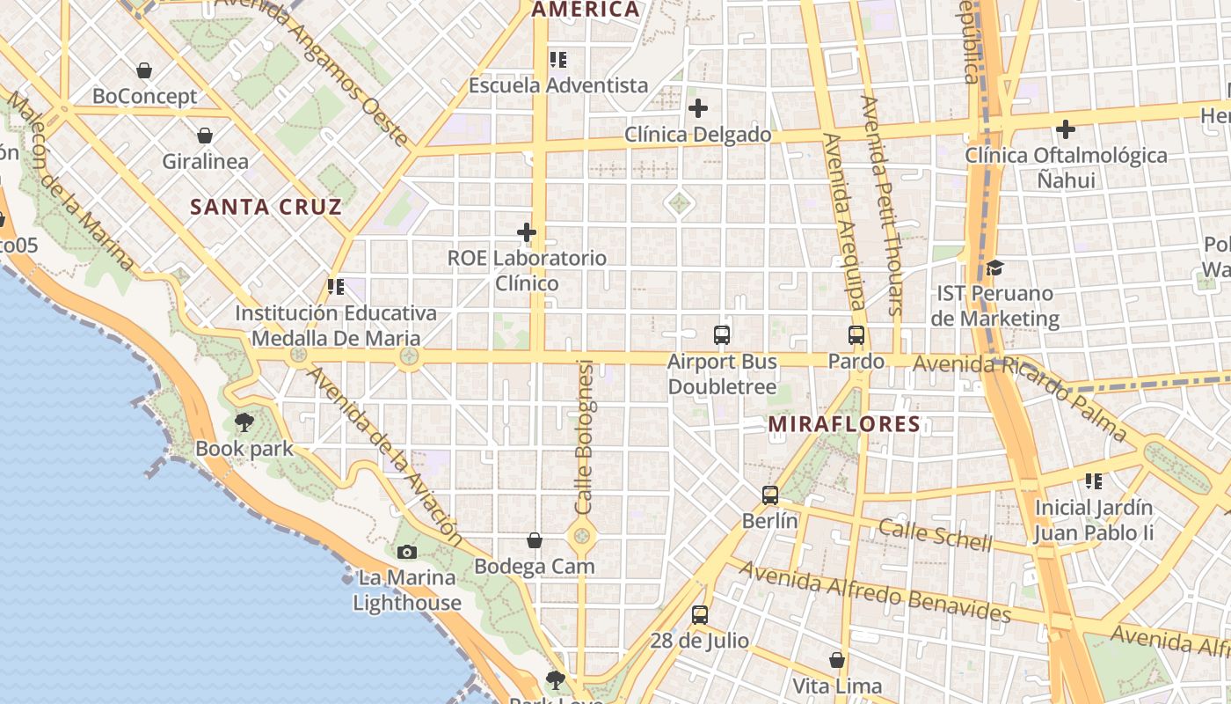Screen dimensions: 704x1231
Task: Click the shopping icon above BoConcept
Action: tap(144, 70)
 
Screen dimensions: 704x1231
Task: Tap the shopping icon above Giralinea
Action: tap(205, 136)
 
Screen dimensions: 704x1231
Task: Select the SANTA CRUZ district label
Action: tap(266, 208)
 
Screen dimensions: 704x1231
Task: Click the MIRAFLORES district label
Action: tap(844, 424)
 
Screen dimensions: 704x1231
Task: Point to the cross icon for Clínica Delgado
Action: tap(698, 108)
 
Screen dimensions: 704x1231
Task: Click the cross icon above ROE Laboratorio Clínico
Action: tap(527, 232)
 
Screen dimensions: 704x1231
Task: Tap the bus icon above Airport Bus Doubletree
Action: tap(722, 334)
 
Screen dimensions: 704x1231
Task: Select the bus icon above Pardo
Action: tap(856, 334)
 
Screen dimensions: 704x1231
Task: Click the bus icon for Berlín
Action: tap(770, 495)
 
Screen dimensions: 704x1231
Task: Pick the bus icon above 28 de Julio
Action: tap(700, 614)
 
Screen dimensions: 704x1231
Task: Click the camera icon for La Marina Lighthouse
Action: tap(406, 552)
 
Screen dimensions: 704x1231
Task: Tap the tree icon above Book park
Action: tap(244, 422)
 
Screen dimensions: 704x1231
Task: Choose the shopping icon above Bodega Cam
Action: tap(535, 539)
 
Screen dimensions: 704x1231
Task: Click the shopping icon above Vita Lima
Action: tap(837, 659)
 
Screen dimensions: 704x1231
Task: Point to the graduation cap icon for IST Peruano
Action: tap(994, 267)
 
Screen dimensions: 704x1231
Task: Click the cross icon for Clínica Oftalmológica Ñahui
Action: tap(1066, 129)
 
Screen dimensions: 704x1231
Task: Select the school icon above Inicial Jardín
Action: tap(1094, 480)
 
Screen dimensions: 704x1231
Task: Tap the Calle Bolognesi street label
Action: tap(585, 437)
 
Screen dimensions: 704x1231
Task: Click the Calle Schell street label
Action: tap(935, 534)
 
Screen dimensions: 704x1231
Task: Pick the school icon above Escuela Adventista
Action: tap(558, 59)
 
